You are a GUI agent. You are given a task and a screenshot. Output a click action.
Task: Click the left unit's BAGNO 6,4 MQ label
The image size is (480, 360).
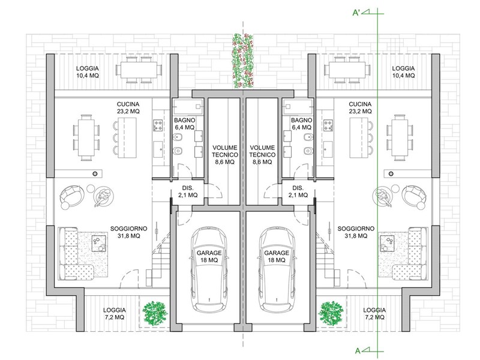click(x=184, y=124)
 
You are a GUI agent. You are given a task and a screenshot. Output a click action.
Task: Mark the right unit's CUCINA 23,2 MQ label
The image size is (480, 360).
click(x=360, y=107)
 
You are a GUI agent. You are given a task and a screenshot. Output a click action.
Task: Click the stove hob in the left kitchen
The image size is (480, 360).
click(x=160, y=127)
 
